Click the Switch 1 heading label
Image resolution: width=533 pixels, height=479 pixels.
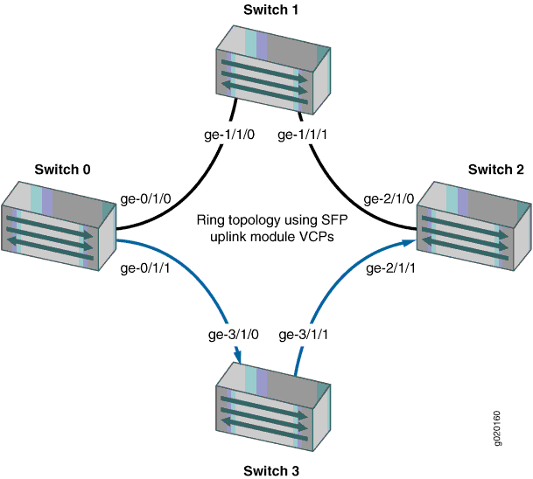[271, 10]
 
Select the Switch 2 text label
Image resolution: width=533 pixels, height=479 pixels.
[494, 169]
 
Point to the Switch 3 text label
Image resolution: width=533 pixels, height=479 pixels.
[271, 471]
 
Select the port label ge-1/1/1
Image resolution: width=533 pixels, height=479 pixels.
[305, 135]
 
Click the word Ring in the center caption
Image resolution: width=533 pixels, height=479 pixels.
[212, 219]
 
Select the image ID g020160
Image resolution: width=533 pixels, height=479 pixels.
[498, 428]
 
